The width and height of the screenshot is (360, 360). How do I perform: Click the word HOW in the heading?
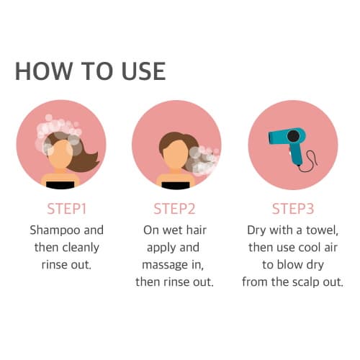44,71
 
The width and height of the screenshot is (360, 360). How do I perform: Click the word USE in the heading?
143,71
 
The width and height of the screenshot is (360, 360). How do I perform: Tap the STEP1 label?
66,209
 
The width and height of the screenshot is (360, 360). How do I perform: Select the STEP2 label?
174,209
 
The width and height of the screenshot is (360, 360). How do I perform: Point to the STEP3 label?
293,209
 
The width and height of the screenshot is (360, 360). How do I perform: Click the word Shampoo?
55,230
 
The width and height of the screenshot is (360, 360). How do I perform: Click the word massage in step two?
165,266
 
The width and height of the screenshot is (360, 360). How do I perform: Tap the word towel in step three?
322,230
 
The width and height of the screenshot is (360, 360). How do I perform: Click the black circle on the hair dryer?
293,136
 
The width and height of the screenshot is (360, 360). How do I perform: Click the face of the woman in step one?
60,154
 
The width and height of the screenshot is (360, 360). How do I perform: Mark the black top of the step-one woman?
60,185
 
